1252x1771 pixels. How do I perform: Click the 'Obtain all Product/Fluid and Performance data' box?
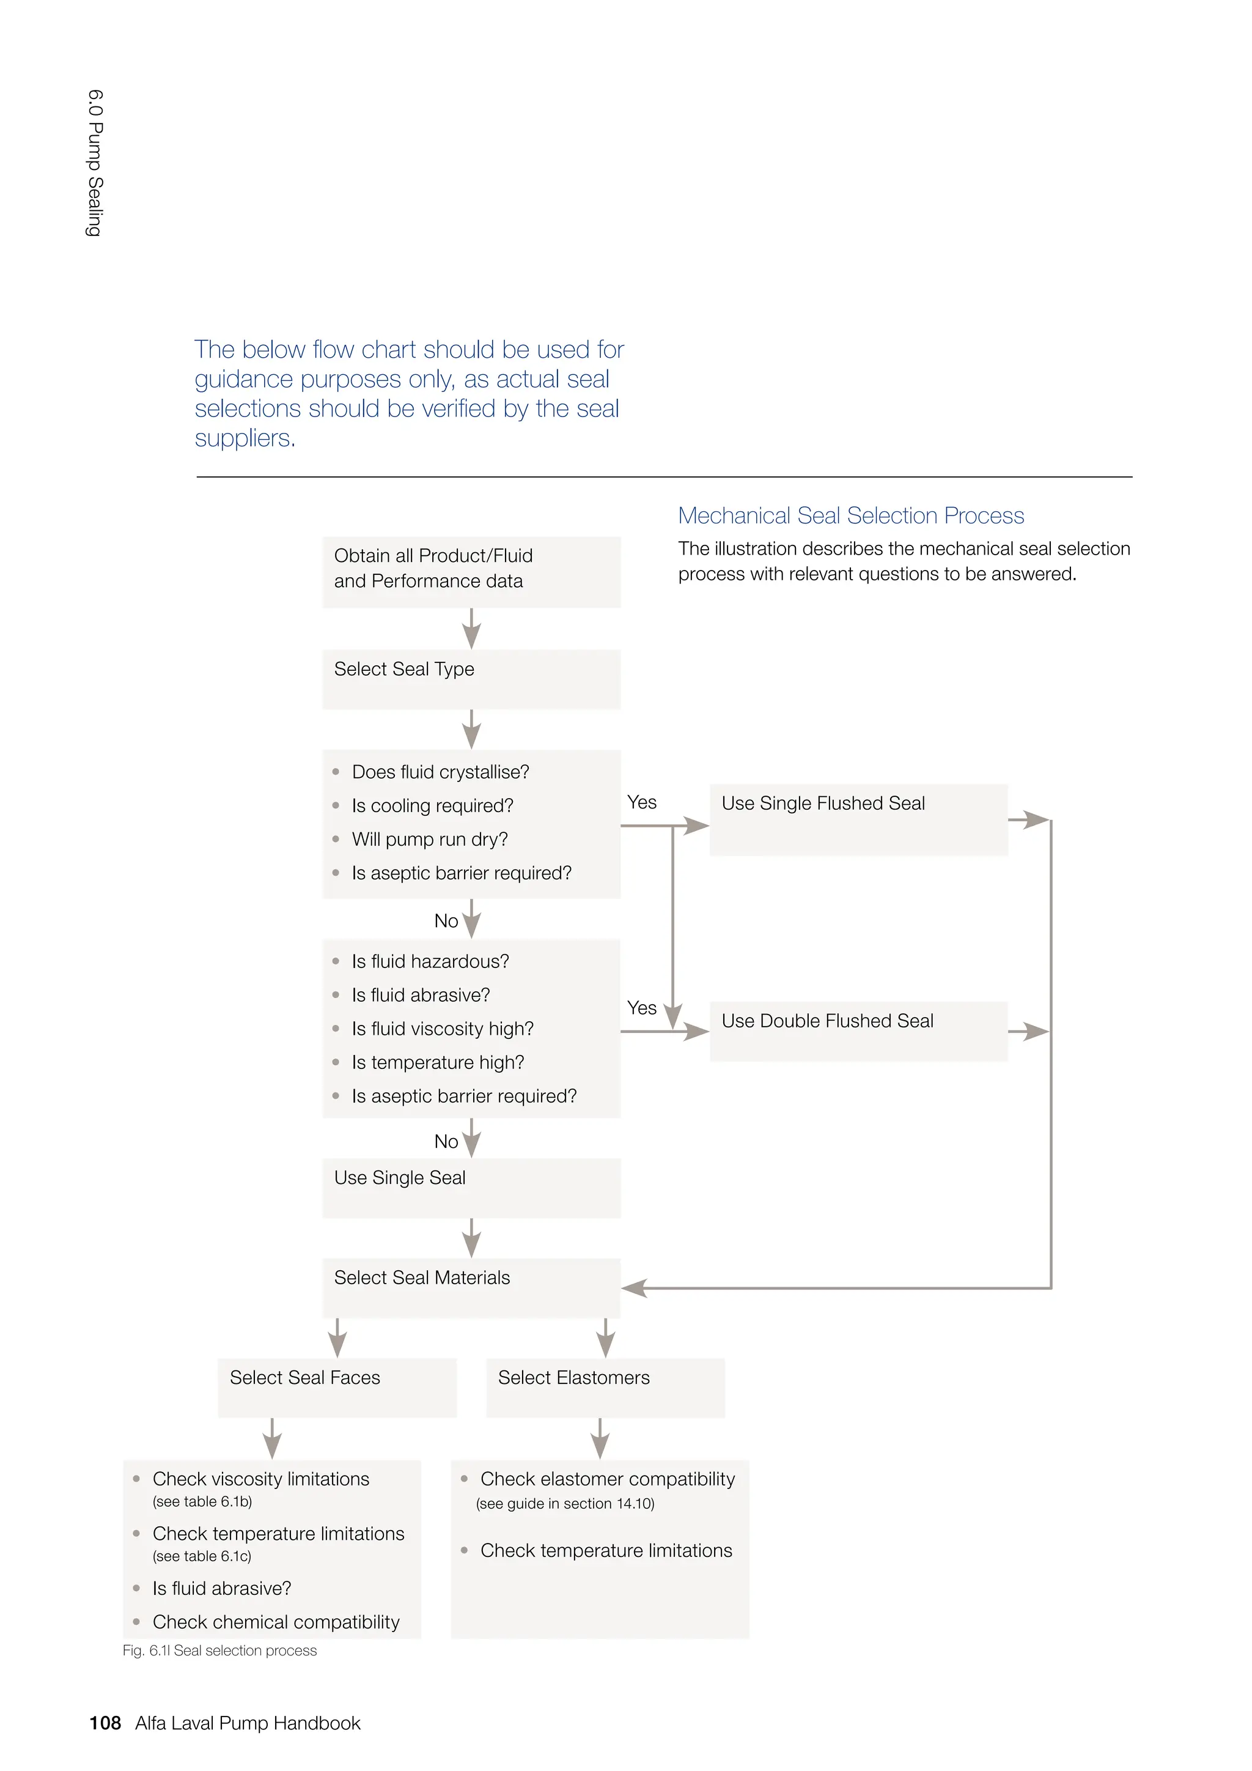pos(471,572)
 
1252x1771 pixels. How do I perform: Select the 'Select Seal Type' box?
pos(471,679)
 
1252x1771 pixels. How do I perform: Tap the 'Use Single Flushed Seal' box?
pos(858,819)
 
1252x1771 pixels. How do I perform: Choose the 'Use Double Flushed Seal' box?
pos(858,1030)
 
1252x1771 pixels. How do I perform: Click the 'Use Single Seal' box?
pos(471,1188)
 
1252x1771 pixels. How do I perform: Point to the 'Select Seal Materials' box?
pos(471,1287)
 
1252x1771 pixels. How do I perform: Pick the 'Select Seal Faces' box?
pos(337,1387)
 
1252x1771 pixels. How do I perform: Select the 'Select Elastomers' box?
pos(605,1387)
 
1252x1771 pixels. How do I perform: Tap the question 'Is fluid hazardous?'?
pos(430,961)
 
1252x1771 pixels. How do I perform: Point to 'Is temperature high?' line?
pos(438,1062)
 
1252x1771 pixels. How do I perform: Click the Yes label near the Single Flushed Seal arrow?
pos(641,802)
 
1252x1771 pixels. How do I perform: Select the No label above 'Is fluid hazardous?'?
pos(446,921)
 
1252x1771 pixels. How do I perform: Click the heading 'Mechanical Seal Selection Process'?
pos(850,516)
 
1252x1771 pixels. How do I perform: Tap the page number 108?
pos(105,1723)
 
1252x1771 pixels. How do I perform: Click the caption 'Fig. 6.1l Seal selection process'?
pos(219,1651)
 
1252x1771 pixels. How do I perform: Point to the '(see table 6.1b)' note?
pos(202,1501)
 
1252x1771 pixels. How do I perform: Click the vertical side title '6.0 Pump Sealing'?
pos(94,163)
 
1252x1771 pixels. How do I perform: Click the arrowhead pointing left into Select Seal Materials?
pos(634,1287)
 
